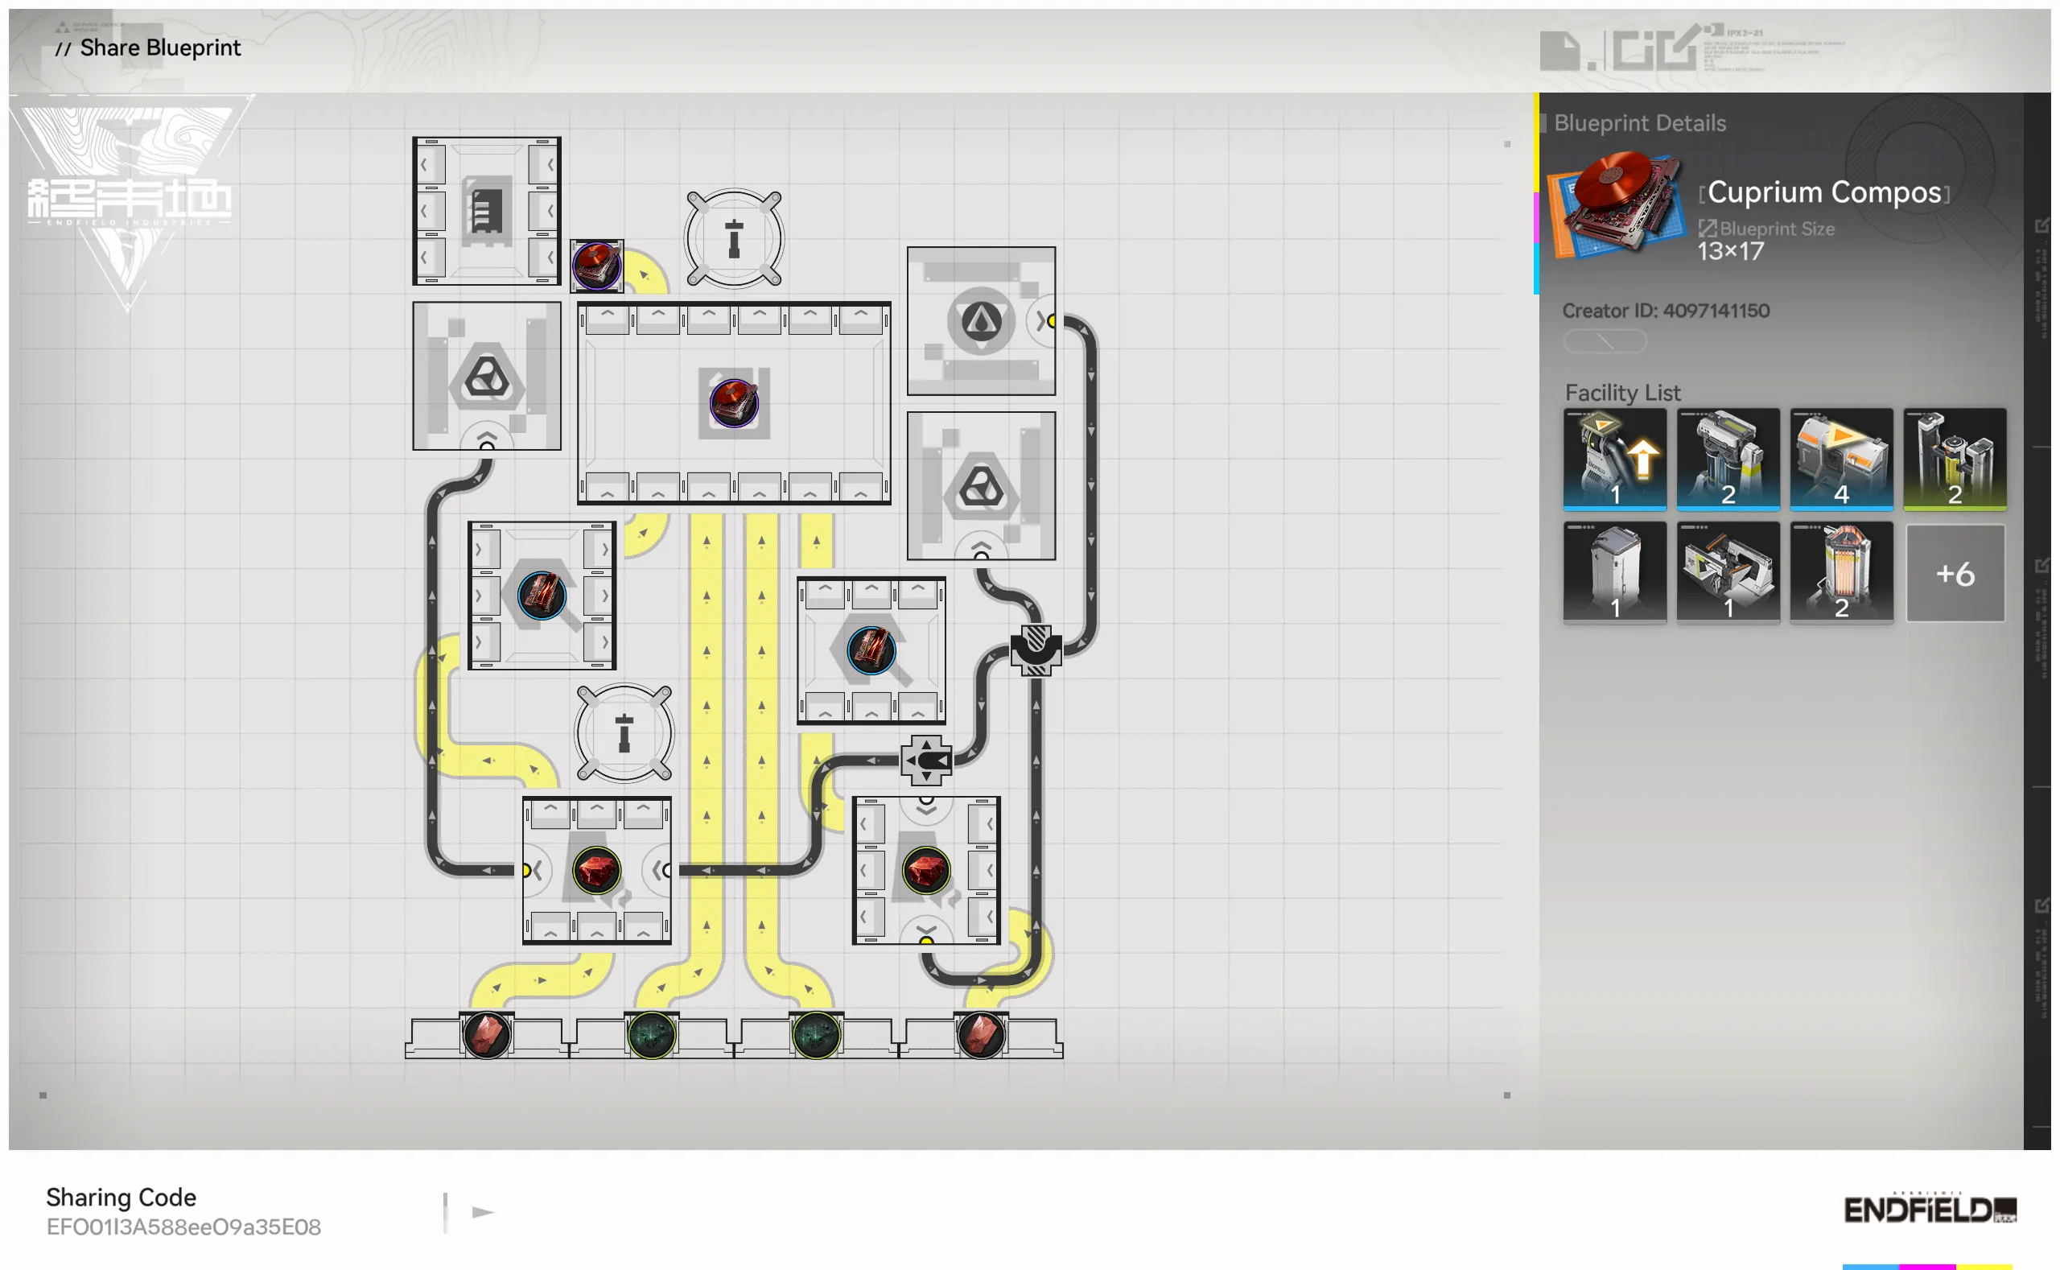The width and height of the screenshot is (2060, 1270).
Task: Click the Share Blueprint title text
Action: coord(159,47)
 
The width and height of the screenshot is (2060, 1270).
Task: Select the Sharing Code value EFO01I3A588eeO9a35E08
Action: coord(183,1227)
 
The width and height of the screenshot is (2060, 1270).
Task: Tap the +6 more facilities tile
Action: coord(1955,574)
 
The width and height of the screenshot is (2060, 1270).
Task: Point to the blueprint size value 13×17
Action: coord(1730,251)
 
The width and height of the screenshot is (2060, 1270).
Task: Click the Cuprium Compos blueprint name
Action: coord(1823,192)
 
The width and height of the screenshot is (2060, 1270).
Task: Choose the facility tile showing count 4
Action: coord(1841,460)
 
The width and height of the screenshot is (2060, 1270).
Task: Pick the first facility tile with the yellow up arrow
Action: coord(1614,460)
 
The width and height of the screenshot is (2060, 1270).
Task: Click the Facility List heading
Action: coord(1621,392)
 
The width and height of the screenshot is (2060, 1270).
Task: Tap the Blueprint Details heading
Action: coord(1639,123)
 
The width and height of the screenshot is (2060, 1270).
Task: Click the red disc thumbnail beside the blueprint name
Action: coord(1614,204)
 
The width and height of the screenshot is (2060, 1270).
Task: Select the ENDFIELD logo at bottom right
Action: coord(1929,1210)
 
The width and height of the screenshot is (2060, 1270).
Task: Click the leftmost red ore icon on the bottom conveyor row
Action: coord(486,1034)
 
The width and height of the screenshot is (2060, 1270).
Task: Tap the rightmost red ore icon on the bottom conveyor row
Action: coord(980,1034)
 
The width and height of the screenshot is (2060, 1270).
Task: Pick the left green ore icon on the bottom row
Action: coord(651,1034)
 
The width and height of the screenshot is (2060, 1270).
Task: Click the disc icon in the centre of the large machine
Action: coord(733,402)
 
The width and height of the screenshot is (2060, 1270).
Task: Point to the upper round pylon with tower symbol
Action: coord(733,238)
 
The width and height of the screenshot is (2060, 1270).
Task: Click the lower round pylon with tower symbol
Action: coord(623,732)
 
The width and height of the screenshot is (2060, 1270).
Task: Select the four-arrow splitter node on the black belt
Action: coord(925,761)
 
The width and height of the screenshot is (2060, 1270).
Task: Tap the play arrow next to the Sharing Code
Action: coord(482,1212)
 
